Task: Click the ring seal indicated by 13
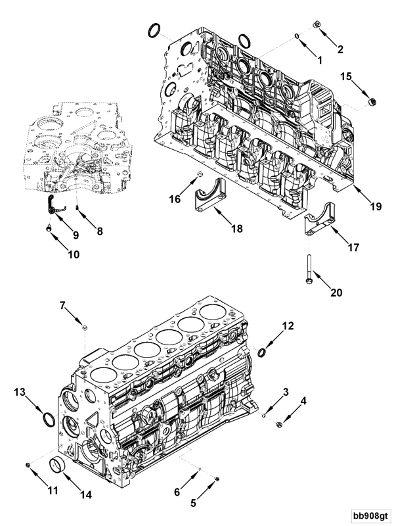(x=47, y=419)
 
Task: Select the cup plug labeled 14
(x=57, y=467)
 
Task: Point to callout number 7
(x=64, y=305)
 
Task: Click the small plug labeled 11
(x=28, y=466)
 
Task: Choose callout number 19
(x=374, y=206)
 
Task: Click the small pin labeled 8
(x=77, y=209)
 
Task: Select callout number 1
(x=320, y=60)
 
